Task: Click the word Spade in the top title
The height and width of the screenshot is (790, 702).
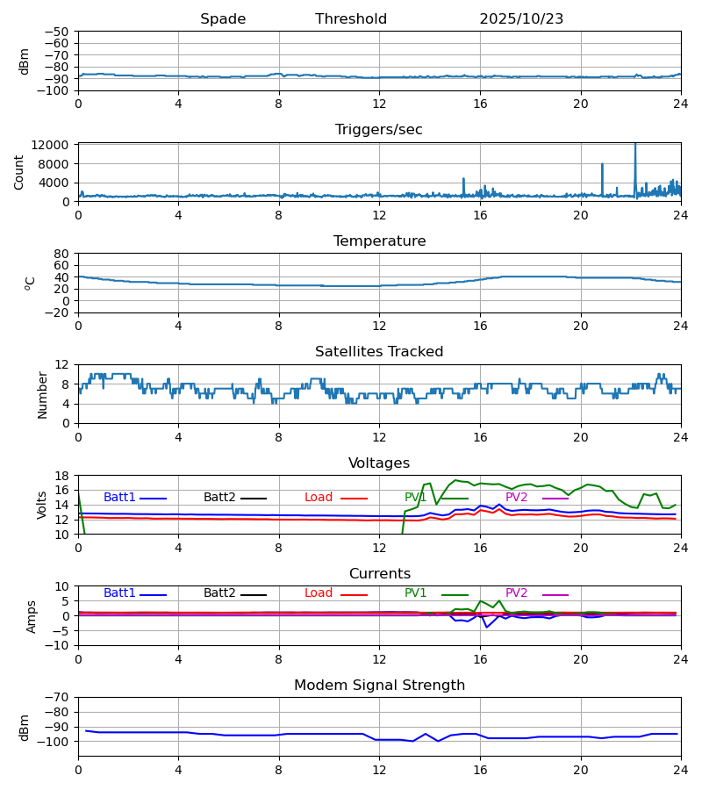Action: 223,19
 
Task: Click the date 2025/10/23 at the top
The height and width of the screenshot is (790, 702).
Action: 521,19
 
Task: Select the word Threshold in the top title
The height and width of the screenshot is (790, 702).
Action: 351,19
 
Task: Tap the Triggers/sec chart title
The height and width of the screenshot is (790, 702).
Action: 379,130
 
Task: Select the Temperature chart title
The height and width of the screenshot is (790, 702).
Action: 379,241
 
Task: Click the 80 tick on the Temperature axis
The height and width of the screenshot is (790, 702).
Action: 61,254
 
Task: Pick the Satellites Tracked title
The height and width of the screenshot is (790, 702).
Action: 379,352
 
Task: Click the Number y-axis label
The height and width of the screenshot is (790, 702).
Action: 43,394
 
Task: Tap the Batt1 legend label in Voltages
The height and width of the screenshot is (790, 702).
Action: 119,498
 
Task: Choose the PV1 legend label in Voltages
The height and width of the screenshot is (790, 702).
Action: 416,498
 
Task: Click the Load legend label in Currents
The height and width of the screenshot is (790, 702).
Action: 319,594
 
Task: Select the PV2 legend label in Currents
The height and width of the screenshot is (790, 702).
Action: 517,594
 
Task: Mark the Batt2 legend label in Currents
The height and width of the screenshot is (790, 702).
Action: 219,594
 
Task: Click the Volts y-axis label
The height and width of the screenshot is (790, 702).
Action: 43,505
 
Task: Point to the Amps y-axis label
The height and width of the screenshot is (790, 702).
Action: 32,616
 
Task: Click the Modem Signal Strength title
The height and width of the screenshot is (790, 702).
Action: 379,686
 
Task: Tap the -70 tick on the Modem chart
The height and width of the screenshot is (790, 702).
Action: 58,697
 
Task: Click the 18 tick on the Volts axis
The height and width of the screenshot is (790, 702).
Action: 61,476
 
